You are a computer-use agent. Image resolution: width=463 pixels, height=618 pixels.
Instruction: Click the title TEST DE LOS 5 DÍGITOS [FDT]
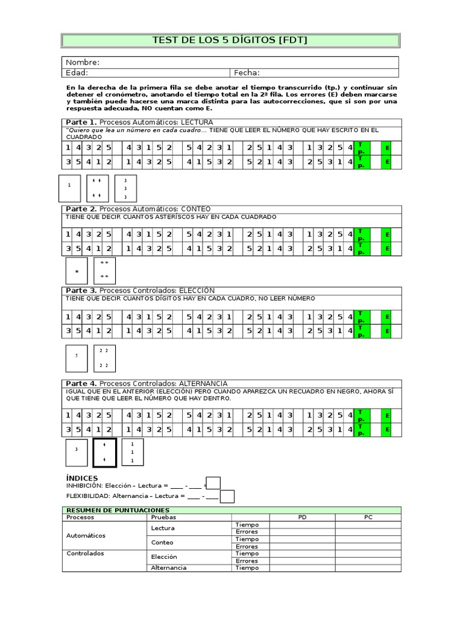(230, 40)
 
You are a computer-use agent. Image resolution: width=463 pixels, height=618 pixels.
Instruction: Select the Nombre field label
(83, 62)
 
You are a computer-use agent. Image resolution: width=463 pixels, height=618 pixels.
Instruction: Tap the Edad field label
(77, 73)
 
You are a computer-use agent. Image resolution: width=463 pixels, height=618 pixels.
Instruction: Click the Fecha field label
(247, 73)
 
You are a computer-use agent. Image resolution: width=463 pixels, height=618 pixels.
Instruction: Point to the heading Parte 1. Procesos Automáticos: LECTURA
(139, 123)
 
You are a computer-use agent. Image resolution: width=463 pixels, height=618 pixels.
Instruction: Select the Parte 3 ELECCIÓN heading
(140, 290)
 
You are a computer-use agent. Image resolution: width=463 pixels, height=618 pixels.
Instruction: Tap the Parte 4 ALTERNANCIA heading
(146, 383)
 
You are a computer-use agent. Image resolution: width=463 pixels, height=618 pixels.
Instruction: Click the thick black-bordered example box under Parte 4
(104, 453)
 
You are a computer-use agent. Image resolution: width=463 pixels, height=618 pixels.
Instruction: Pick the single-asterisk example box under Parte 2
(77, 272)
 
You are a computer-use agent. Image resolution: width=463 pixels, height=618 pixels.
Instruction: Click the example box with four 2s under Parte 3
(104, 358)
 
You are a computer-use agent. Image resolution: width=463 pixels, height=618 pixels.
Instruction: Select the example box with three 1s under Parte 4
(133, 453)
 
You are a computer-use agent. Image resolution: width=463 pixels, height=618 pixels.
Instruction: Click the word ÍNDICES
(81, 478)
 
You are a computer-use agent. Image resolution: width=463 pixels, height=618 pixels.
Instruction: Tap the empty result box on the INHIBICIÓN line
(213, 483)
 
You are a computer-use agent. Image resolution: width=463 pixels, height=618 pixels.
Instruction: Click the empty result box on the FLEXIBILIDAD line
(227, 496)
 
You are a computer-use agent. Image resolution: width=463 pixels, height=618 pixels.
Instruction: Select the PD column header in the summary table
(302, 517)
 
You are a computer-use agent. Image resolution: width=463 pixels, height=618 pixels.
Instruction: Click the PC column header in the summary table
(368, 517)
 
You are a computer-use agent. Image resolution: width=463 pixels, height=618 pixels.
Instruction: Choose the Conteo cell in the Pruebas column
(162, 543)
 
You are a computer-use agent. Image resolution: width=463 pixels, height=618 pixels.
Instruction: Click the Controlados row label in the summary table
(85, 553)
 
